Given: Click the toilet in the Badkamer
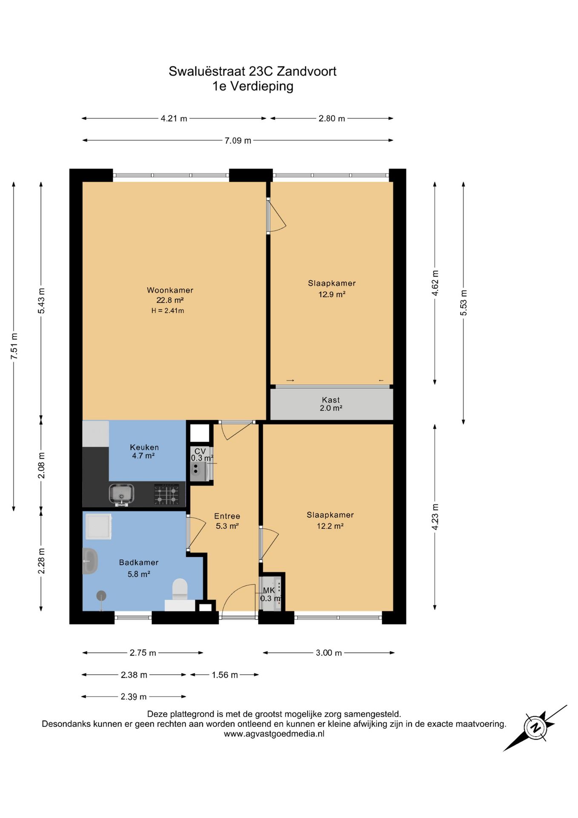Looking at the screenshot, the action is pos(180,589).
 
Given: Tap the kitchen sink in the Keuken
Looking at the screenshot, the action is pos(121,495).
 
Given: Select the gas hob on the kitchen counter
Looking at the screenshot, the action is pos(166,495).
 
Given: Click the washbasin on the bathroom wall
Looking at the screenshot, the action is pos(90,561).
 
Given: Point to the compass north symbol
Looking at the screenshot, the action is pos(535,728).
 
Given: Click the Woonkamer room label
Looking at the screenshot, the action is pos(170,290).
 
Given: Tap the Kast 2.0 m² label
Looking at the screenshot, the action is pos(331,404).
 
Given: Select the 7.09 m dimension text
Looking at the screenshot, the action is pos(238,140).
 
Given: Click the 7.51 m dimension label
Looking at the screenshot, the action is pos(14,346).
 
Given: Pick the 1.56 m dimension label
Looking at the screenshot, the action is pos(225,675).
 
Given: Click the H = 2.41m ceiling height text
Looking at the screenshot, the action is pos(168,311).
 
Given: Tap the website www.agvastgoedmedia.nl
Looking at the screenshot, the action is pos(274,734).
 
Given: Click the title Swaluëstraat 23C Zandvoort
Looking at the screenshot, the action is pos(252,71).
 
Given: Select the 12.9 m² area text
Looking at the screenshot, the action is pos(332,294).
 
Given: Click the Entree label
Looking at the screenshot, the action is pos(227,516).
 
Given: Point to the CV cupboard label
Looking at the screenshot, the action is pos(200,451).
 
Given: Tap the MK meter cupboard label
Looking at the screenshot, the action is pos(269,590).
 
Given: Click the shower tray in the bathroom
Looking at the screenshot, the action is pos(98,526).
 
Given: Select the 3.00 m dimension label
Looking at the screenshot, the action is pos(329,653).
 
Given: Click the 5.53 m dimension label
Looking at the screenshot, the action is pos(464,303).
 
